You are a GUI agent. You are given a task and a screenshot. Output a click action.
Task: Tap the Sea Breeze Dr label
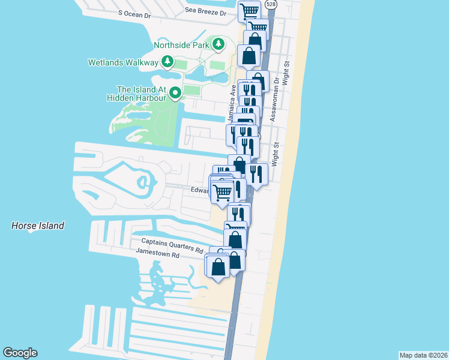(x=206, y=11)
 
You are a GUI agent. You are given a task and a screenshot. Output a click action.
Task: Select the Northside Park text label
(x=181, y=44)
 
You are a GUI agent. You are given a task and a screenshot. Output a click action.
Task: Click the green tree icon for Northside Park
(x=219, y=44)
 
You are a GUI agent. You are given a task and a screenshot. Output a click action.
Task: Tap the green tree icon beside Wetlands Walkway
(x=167, y=62)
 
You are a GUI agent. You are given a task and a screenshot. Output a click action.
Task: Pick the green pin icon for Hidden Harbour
(x=175, y=92)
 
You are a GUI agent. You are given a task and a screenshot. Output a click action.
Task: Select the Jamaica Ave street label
(x=231, y=101)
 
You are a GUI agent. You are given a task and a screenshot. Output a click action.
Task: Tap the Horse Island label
(x=37, y=226)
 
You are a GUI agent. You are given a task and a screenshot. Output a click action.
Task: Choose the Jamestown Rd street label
(x=158, y=254)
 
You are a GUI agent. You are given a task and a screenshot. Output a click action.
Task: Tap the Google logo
(x=20, y=353)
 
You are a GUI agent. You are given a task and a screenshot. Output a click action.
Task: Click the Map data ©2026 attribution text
(x=423, y=355)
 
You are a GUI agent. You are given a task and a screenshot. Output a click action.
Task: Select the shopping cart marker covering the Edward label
(x=221, y=192)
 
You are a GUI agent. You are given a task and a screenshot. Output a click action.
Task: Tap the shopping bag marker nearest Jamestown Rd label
(x=218, y=266)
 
